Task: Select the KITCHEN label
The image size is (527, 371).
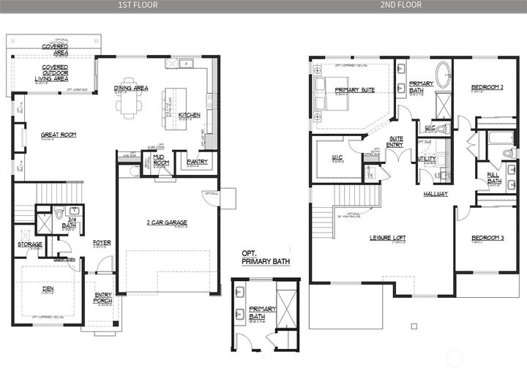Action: click(x=189, y=115)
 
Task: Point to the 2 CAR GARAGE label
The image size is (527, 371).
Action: click(x=166, y=222)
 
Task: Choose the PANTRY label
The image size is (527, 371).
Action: click(x=197, y=162)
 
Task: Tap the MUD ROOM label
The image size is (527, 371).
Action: click(x=161, y=160)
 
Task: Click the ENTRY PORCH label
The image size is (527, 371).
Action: click(x=103, y=298)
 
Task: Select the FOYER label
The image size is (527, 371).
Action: click(x=102, y=242)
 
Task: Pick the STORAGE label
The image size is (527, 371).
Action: click(x=30, y=244)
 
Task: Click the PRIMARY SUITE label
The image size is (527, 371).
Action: click(x=355, y=89)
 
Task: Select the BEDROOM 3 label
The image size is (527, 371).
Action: click(x=487, y=238)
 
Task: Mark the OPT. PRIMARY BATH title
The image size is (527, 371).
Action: click(x=261, y=258)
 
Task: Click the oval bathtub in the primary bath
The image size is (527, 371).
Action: click(x=444, y=76)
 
